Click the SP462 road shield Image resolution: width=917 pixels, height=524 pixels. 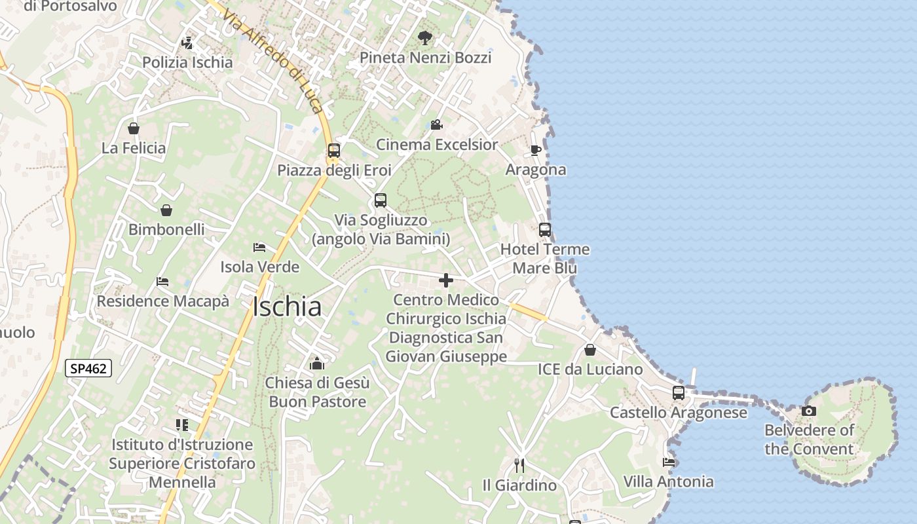[88, 369]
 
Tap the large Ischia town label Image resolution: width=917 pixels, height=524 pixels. [287, 307]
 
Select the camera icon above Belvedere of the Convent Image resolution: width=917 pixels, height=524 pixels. [809, 411]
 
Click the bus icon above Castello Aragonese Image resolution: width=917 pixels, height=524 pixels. [679, 393]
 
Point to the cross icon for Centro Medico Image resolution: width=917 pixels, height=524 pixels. [446, 280]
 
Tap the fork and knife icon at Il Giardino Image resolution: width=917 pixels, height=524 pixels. [519, 466]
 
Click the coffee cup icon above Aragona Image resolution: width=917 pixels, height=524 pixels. [535, 150]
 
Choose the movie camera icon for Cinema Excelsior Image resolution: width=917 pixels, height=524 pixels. [436, 124]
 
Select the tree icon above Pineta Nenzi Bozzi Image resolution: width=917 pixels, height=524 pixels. [425, 37]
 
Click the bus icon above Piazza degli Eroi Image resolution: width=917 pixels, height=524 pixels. [334, 151]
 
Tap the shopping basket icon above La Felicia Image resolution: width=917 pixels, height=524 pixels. [134, 128]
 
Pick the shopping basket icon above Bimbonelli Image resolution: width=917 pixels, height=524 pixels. [166, 210]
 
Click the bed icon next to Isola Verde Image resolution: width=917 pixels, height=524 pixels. [259, 248]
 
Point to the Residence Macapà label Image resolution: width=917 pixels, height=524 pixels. [163, 301]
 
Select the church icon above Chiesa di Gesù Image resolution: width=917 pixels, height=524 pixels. [317, 363]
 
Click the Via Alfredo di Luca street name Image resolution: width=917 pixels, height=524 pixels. [273, 60]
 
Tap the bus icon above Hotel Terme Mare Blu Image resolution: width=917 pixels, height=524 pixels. [545, 230]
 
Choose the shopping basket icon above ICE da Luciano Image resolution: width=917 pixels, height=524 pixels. [590, 350]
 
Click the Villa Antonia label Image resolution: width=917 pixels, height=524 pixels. [668, 482]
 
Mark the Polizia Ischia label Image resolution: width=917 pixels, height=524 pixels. [187, 62]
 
